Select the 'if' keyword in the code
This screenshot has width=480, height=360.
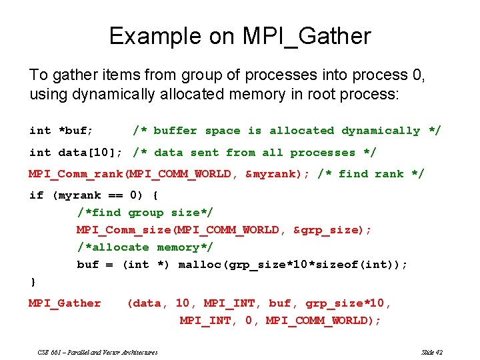click(36, 195)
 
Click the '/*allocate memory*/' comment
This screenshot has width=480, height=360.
click(145, 247)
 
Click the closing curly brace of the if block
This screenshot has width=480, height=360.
click(33, 282)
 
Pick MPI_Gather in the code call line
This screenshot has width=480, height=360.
click(65, 303)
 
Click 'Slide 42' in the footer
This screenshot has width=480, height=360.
click(432, 352)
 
